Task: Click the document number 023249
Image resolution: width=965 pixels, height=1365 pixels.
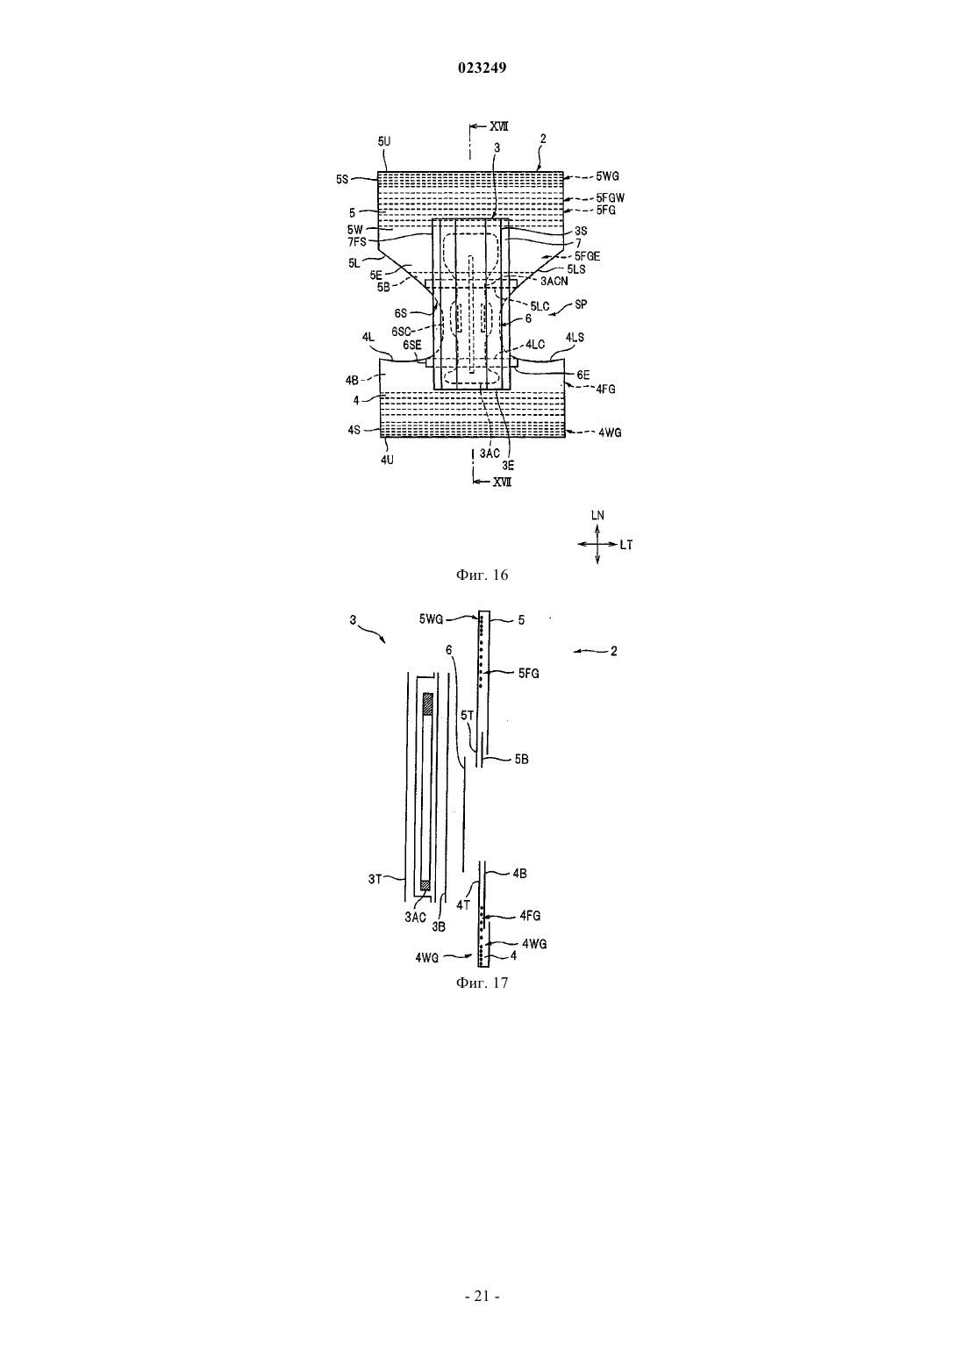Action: coord(482,68)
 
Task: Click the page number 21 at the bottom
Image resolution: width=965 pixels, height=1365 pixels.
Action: coord(482,1296)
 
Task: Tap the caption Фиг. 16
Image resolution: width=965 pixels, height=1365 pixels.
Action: coord(482,575)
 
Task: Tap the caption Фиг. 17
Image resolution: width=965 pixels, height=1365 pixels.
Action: coord(482,983)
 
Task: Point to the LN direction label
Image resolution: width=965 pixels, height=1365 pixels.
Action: coord(597,516)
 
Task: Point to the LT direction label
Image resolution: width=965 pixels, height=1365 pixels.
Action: coord(626,545)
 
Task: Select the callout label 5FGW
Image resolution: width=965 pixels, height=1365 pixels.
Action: coord(611,198)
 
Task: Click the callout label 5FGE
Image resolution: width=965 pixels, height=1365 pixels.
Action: coord(587,256)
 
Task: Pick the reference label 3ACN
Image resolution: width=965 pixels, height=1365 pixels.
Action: coord(554,282)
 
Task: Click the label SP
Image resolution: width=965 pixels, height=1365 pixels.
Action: coord(581,304)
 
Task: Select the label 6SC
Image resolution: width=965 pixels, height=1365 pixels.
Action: coord(402,332)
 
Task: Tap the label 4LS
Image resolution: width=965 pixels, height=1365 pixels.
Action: coord(575,337)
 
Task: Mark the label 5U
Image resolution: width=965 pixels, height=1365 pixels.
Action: coord(384,141)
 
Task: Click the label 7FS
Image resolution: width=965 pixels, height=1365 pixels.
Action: coord(357,242)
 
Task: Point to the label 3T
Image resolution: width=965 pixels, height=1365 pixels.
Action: coord(375,879)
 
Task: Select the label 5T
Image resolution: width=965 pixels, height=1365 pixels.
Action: coord(467,716)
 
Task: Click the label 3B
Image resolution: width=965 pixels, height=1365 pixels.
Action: coord(439,927)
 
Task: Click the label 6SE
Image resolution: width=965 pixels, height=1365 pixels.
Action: coord(411,345)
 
